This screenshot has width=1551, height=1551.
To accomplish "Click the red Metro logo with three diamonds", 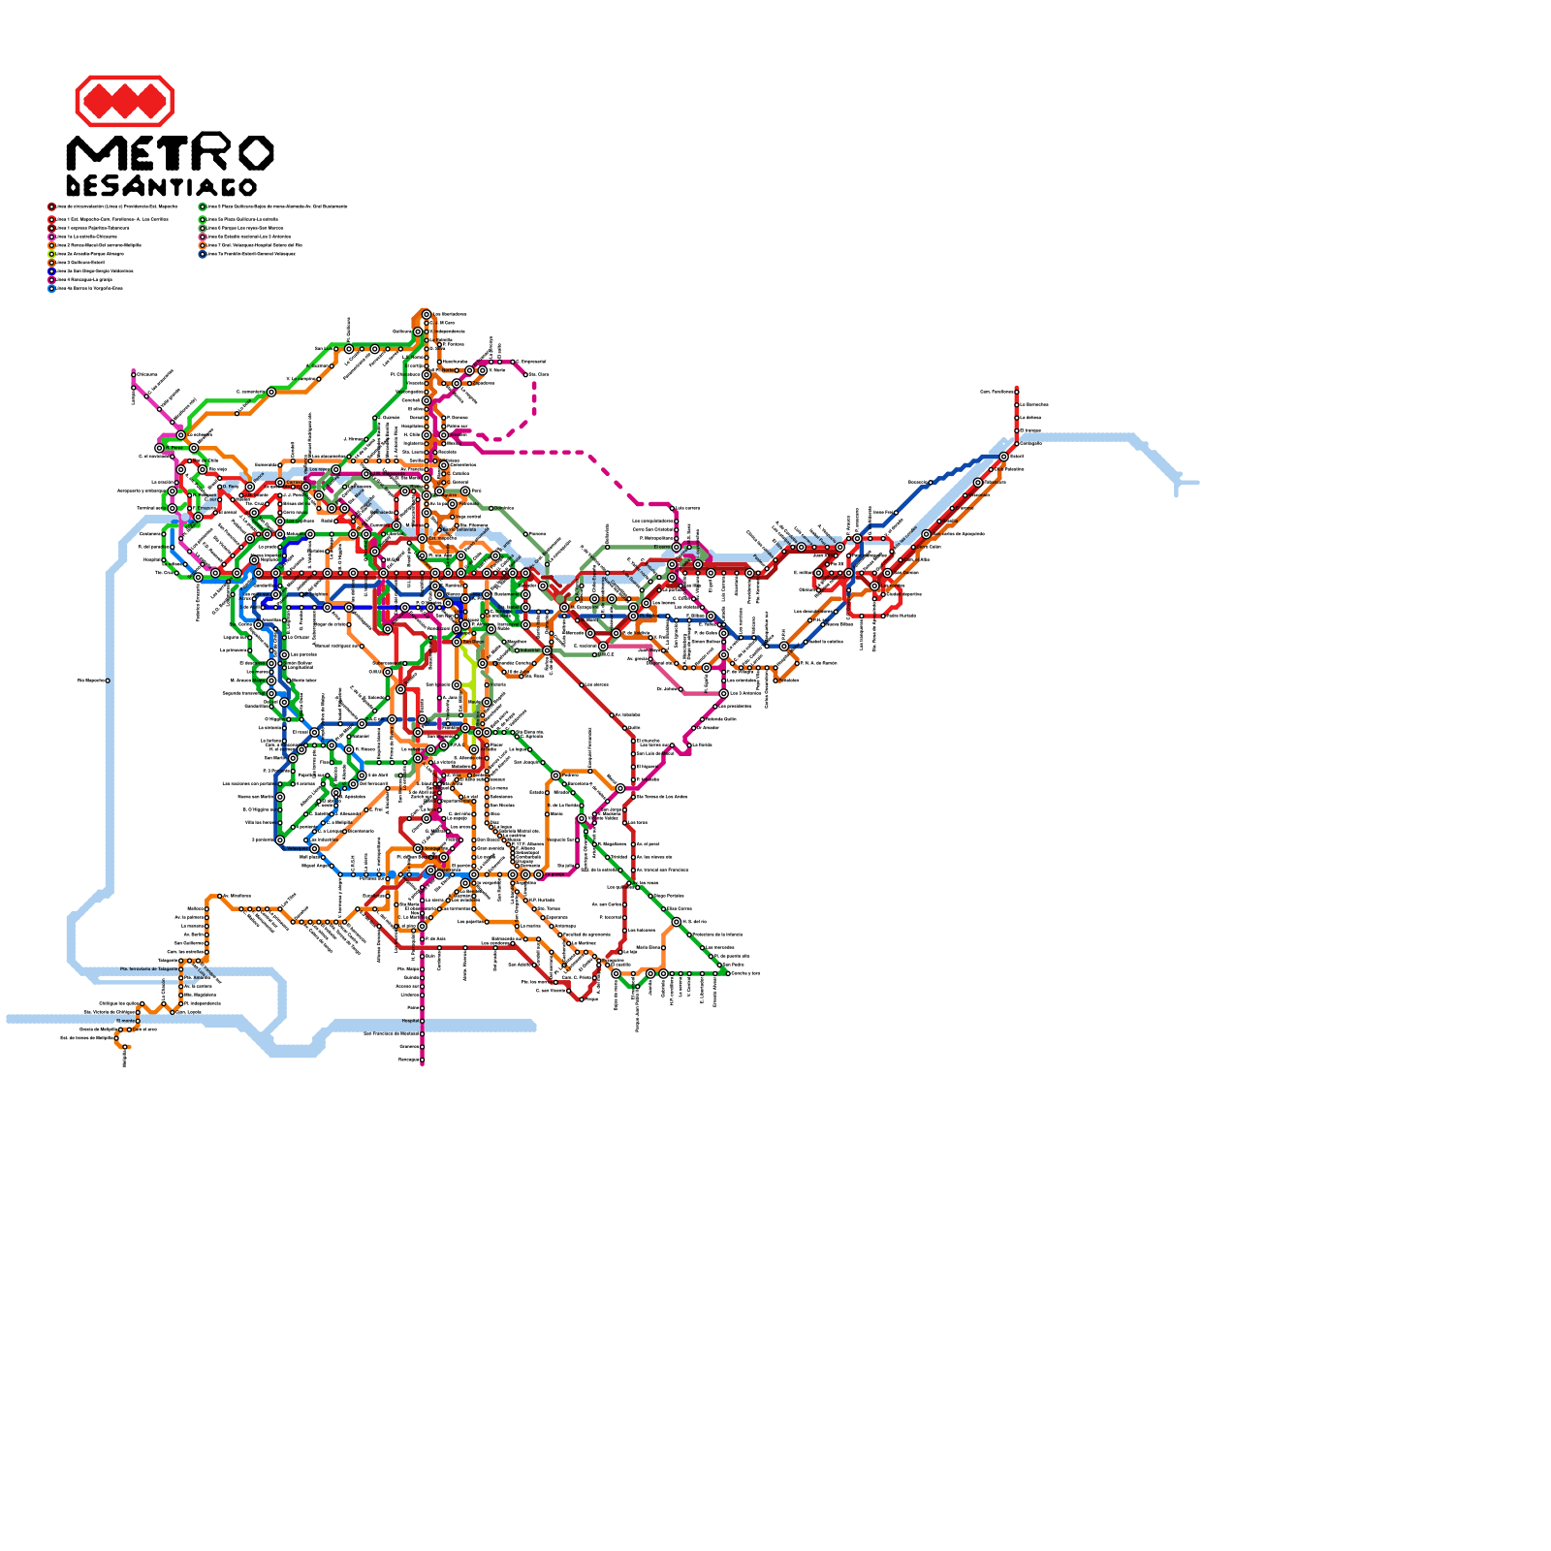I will click(x=124, y=101).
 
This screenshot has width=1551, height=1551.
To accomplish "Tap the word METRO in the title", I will click(x=170, y=153).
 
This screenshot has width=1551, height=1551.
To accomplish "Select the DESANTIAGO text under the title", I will click(x=161, y=186).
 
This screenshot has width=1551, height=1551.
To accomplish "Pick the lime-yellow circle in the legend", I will click(x=51, y=254).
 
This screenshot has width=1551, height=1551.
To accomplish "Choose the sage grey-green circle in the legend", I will click(x=203, y=228).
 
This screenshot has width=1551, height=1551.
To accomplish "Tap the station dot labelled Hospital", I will click(x=422, y=1021).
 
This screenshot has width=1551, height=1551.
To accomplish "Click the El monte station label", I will click(x=126, y=1021).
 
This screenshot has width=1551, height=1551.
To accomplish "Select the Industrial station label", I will click(x=529, y=650).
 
